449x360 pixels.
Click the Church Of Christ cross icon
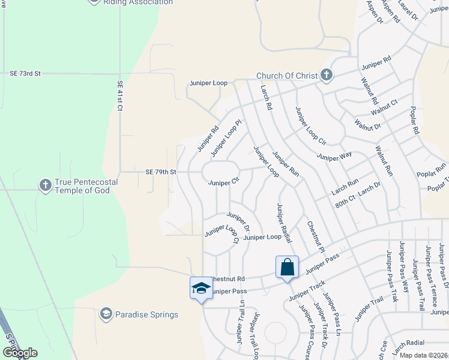pos(326,75)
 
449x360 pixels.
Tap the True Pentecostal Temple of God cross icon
pos(46,185)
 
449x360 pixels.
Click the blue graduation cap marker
pos(201,288)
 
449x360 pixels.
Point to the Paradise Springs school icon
pos(106,314)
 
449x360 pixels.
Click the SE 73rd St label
pos(25,73)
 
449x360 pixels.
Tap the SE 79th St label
pos(160,172)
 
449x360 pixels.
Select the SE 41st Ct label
pos(120,97)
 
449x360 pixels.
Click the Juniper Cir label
pos(223,182)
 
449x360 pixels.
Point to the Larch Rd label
pos(266,97)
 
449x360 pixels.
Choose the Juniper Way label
pos(334,157)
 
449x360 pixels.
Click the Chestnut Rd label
pos(229,279)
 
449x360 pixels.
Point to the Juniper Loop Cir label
pos(310,126)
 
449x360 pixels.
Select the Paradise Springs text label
pos(146,314)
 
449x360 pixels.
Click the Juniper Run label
pos(286,163)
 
